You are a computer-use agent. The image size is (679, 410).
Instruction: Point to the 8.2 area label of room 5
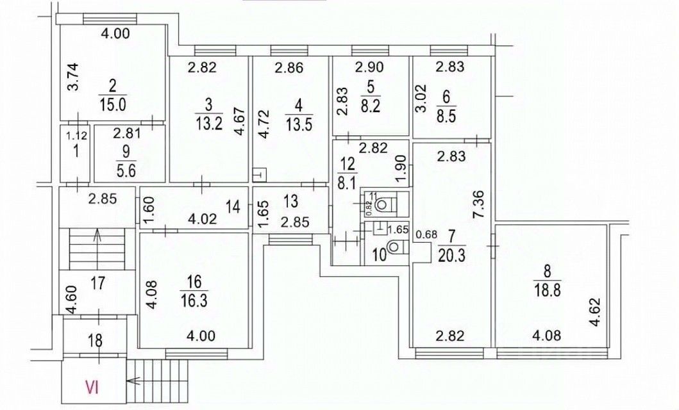pos(369,107)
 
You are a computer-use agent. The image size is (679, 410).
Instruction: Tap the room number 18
pos(95,341)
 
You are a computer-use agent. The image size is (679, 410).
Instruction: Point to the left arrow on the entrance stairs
pos(134,381)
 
